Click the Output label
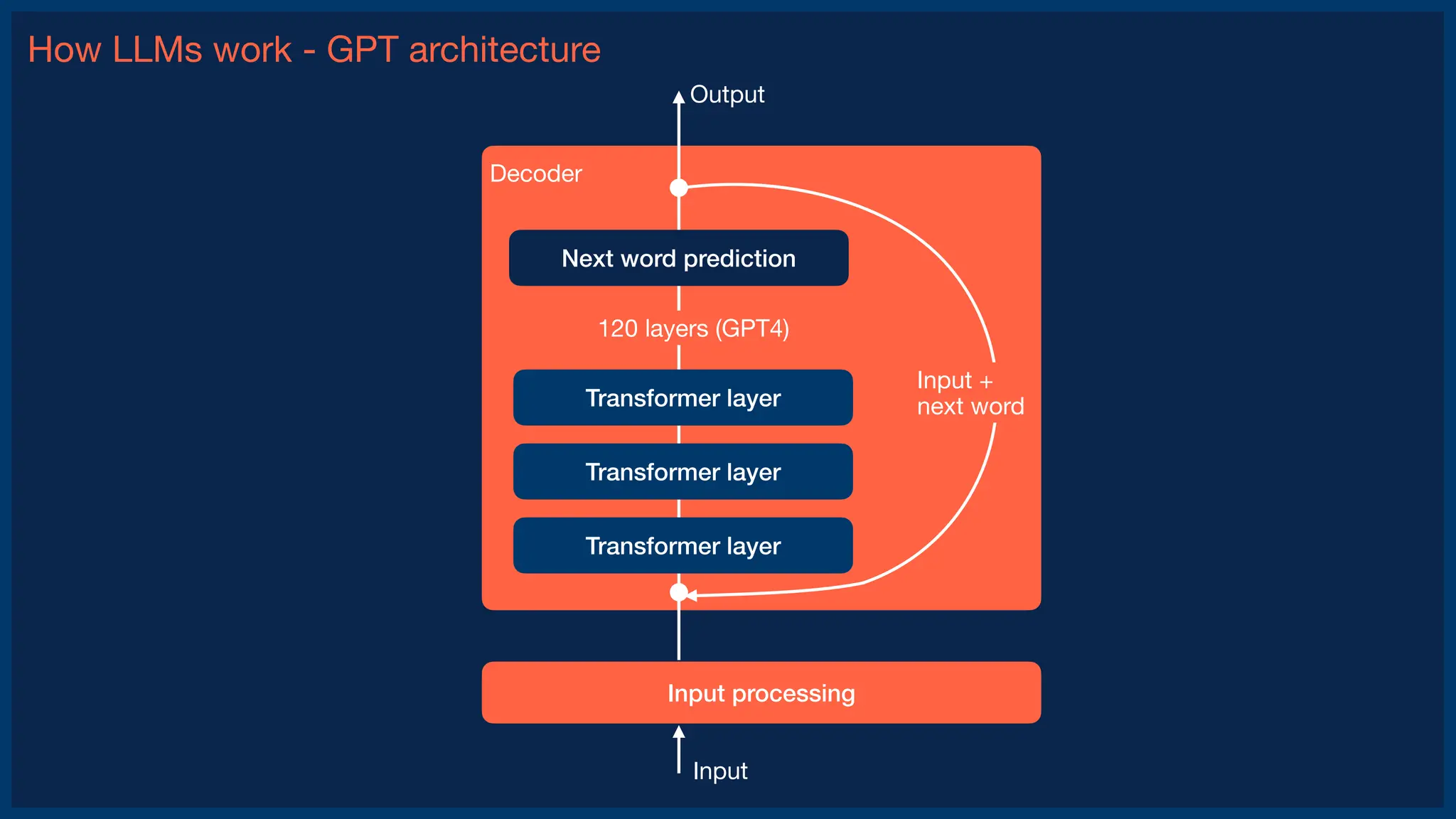[x=727, y=95]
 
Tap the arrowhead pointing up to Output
[x=679, y=97]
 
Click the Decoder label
[x=535, y=173]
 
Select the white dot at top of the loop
[x=679, y=188]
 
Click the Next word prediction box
[x=678, y=258]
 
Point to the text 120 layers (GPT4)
[x=693, y=328]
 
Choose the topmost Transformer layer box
[x=682, y=397]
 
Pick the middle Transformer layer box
[x=682, y=471]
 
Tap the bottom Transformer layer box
[x=682, y=545]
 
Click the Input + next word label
[x=970, y=393]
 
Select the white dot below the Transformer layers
[x=679, y=591]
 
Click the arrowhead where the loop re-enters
[x=692, y=595]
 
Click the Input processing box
[x=761, y=692]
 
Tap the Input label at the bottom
[x=719, y=771]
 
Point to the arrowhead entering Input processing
[x=679, y=732]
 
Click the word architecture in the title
[x=505, y=50]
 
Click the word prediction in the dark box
[x=739, y=259]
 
